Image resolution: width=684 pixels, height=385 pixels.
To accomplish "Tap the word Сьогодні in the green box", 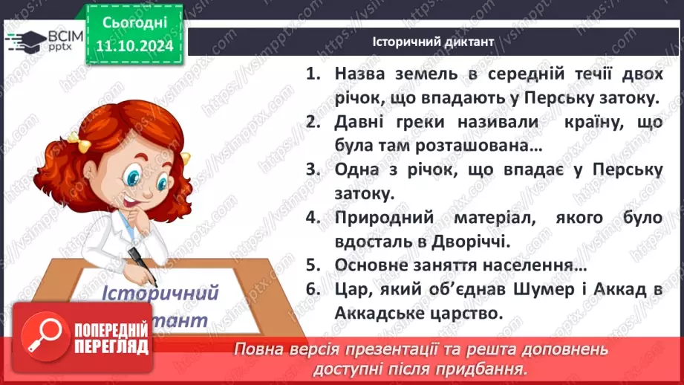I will click(x=134, y=23).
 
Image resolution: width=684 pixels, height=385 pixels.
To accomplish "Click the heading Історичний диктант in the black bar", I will click(x=432, y=42).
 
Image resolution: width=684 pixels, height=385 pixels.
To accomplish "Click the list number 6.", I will click(x=312, y=290).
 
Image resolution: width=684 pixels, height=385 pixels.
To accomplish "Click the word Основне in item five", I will click(x=371, y=265).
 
